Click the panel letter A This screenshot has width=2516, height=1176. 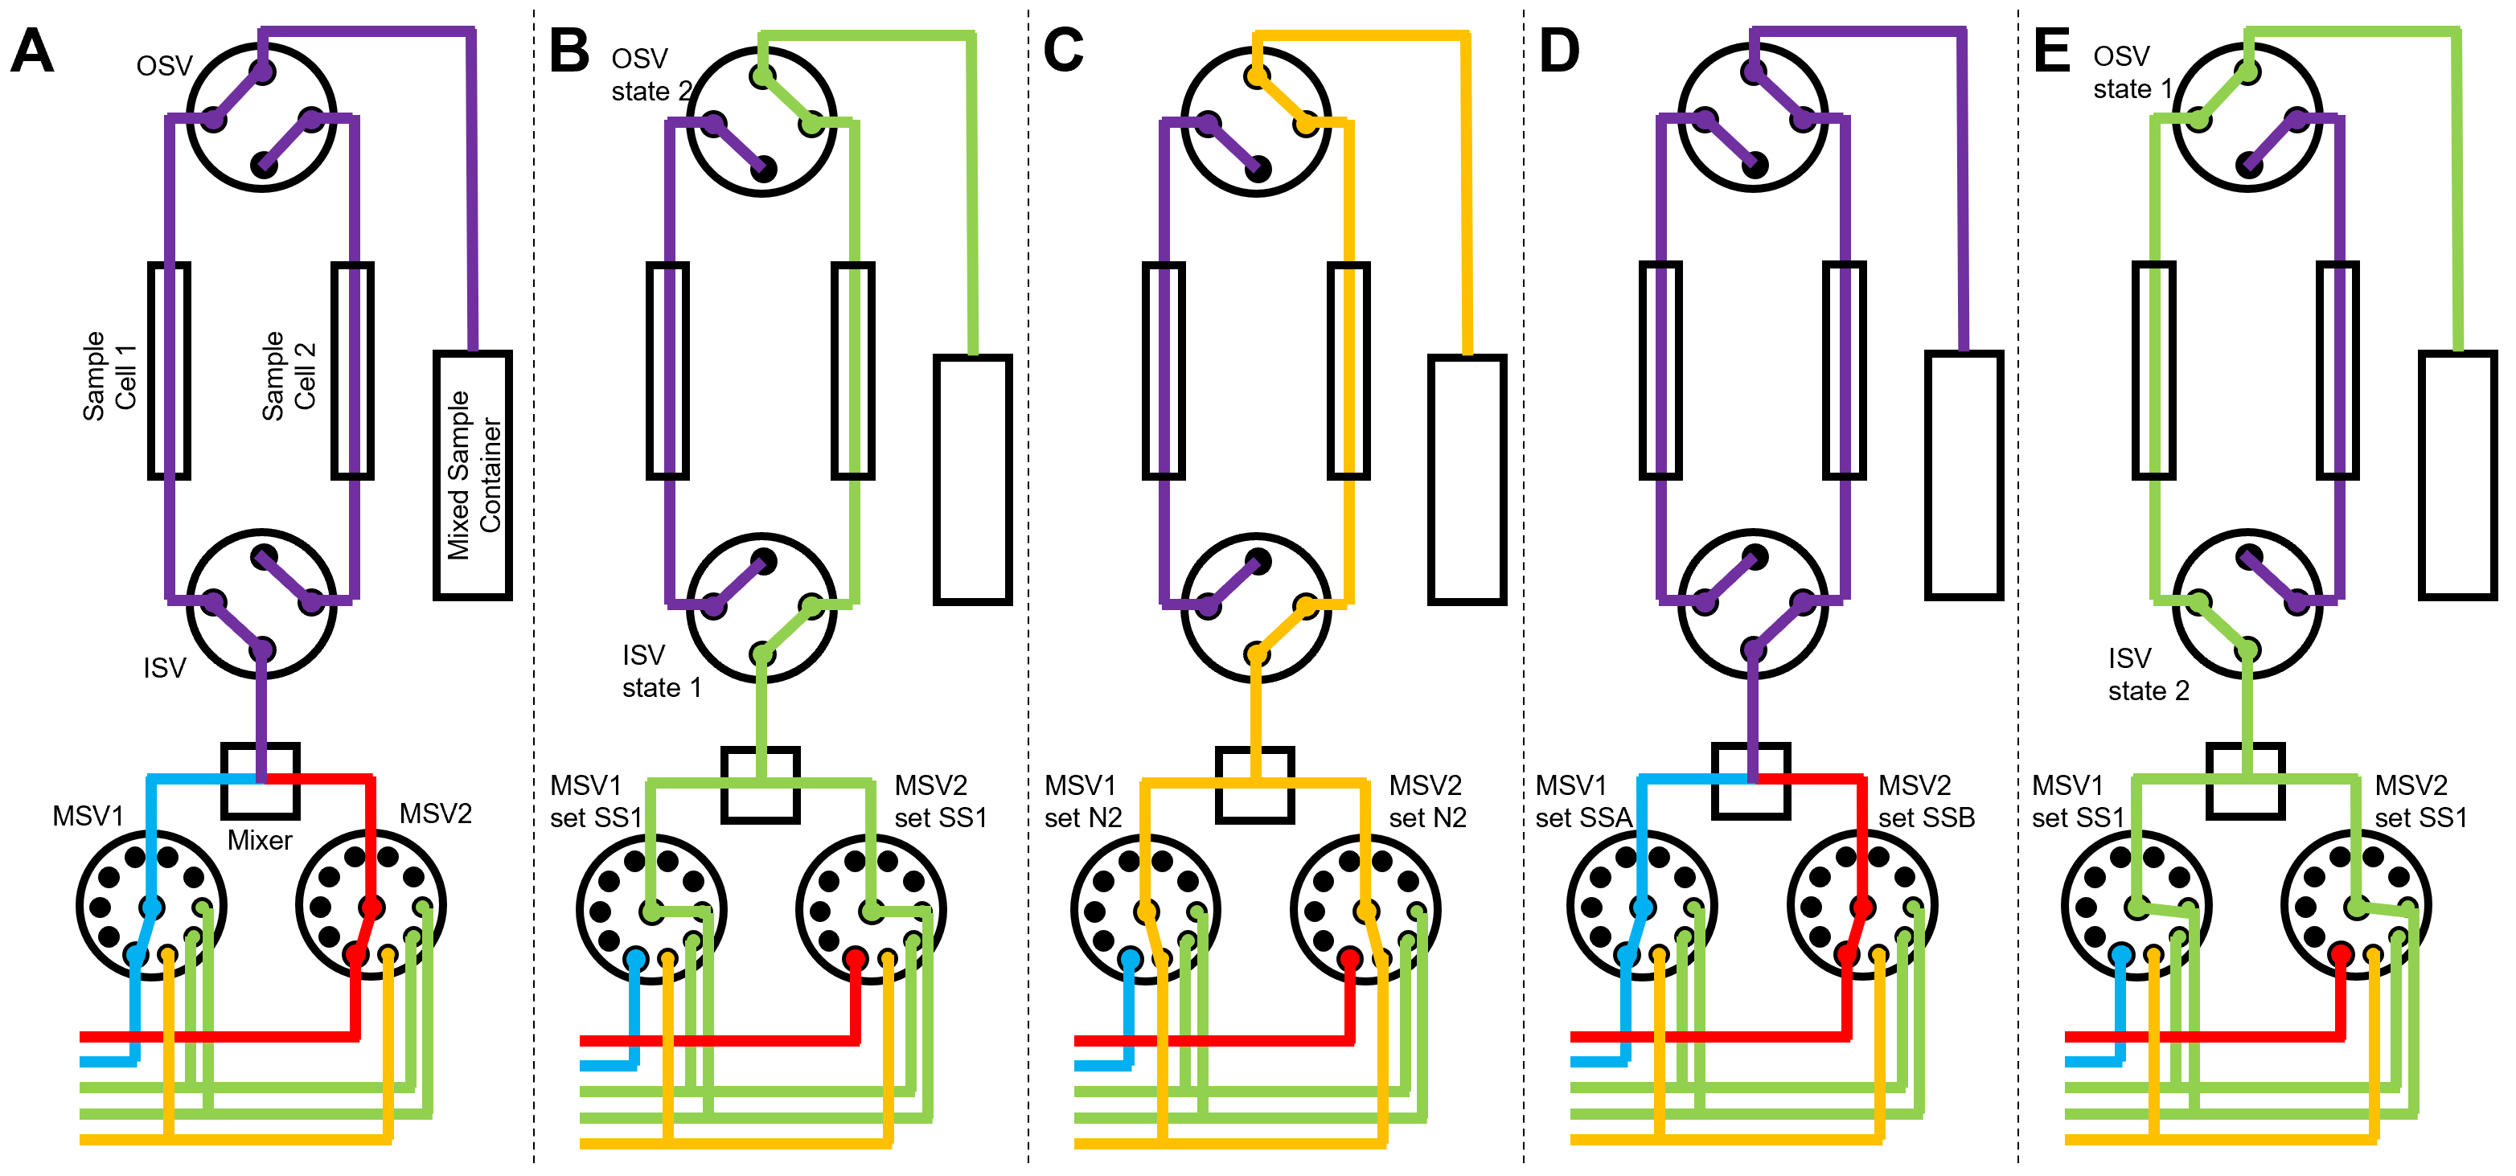coord(31,51)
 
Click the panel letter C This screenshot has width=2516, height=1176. coord(1063,51)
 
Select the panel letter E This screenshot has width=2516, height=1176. coord(2051,51)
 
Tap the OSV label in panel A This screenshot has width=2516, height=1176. coord(164,67)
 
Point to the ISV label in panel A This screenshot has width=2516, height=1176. coord(164,668)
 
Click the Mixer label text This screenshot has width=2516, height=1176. coord(259,841)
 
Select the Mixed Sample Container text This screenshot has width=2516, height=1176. coord(474,476)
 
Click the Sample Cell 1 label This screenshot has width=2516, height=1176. coord(109,376)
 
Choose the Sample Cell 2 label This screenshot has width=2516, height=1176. coord(289,376)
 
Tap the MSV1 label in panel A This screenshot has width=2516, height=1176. coord(88,816)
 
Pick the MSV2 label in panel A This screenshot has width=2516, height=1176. coord(436,813)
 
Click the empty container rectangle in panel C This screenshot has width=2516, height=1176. coord(1466,478)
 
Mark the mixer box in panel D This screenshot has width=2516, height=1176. coord(1751,781)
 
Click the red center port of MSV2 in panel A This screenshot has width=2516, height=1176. coord(371,908)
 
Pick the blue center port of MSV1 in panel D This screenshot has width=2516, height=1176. coord(1643,908)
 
